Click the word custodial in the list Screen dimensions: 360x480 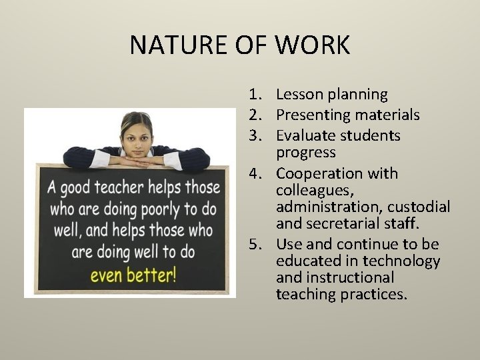420,207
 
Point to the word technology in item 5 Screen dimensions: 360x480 406,261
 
